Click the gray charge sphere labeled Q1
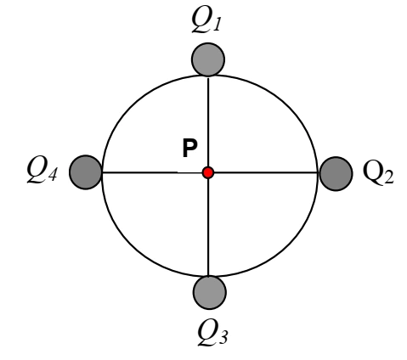click(x=208, y=59)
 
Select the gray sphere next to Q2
click(x=336, y=174)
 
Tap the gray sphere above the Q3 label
click(x=210, y=292)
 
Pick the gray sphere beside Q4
click(x=86, y=172)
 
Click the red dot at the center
click(x=208, y=172)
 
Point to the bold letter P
click(x=189, y=148)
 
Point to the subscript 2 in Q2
click(x=388, y=177)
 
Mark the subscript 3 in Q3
click(x=223, y=338)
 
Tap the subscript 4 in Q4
click(x=53, y=174)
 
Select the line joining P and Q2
click(x=266, y=172)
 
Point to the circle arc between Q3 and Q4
click(x=133, y=244)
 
